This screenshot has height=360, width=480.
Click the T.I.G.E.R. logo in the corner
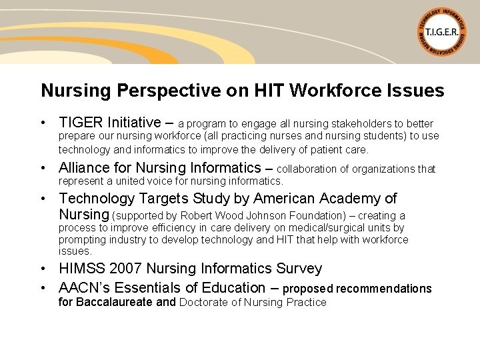coord(442,32)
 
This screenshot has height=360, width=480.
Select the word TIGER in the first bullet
coord(80,123)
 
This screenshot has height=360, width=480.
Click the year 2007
coord(125,269)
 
